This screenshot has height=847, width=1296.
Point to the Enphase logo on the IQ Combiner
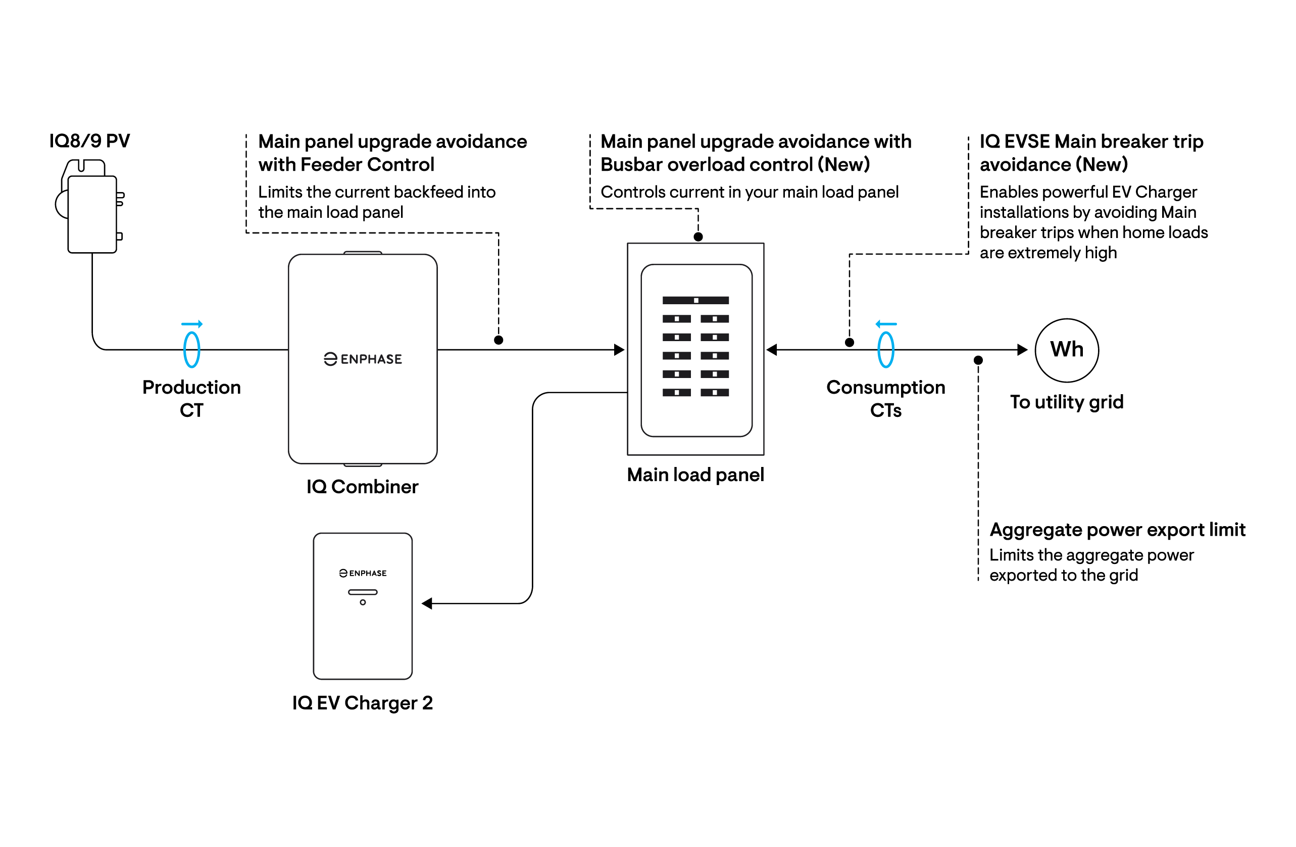click(x=363, y=359)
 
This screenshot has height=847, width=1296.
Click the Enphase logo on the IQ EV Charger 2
click(x=363, y=573)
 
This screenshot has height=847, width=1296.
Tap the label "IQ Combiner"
click(x=362, y=486)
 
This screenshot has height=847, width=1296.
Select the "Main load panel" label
click(x=695, y=475)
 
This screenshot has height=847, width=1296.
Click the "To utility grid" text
click(x=1067, y=402)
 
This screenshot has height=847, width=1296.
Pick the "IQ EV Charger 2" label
click(x=362, y=702)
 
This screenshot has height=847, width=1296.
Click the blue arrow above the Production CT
click(x=192, y=324)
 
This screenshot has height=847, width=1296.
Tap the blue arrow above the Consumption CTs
click(x=886, y=324)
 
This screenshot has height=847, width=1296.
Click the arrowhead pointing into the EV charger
click(x=427, y=603)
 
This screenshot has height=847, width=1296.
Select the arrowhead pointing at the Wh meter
click(x=1023, y=350)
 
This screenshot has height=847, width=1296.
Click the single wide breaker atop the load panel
click(x=695, y=300)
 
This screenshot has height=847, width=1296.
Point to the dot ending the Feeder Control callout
click(x=499, y=340)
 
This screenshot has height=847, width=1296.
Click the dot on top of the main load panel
click(x=698, y=237)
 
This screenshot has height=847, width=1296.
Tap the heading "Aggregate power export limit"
click(x=1117, y=530)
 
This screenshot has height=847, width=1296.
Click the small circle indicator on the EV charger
click(x=363, y=602)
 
